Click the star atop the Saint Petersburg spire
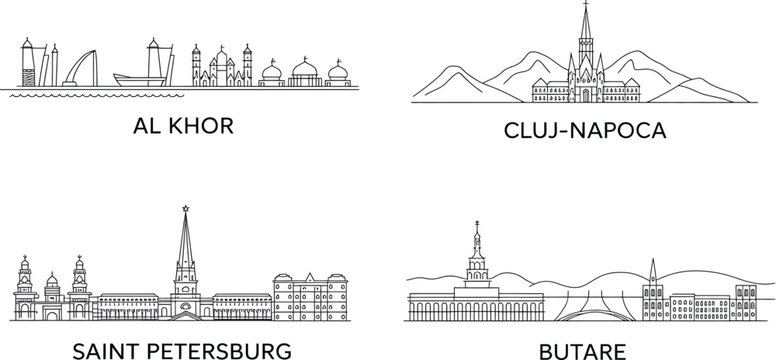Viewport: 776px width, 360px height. click(184, 209)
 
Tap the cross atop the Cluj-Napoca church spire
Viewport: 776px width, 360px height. click(587, 9)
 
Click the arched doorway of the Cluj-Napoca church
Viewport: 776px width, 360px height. click(587, 95)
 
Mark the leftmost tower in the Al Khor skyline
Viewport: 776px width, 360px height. click(26, 65)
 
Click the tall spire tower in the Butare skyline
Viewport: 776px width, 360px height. click(476, 255)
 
